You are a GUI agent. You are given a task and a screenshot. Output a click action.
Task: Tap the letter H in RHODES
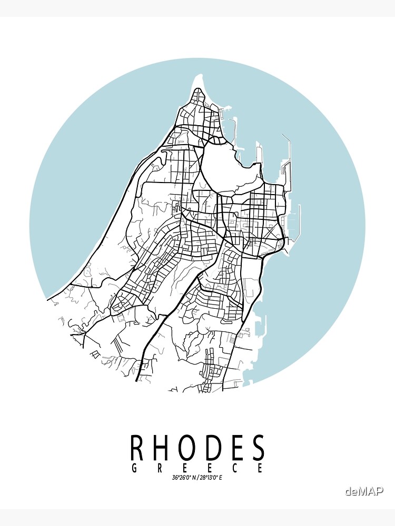163,448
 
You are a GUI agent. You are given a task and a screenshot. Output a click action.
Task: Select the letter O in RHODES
190,448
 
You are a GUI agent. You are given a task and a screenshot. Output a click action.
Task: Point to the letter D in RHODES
216,448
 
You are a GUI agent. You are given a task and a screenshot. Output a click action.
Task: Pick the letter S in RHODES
258,448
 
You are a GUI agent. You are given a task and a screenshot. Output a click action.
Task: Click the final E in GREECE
260,468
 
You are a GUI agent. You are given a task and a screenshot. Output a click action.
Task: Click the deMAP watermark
364,491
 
